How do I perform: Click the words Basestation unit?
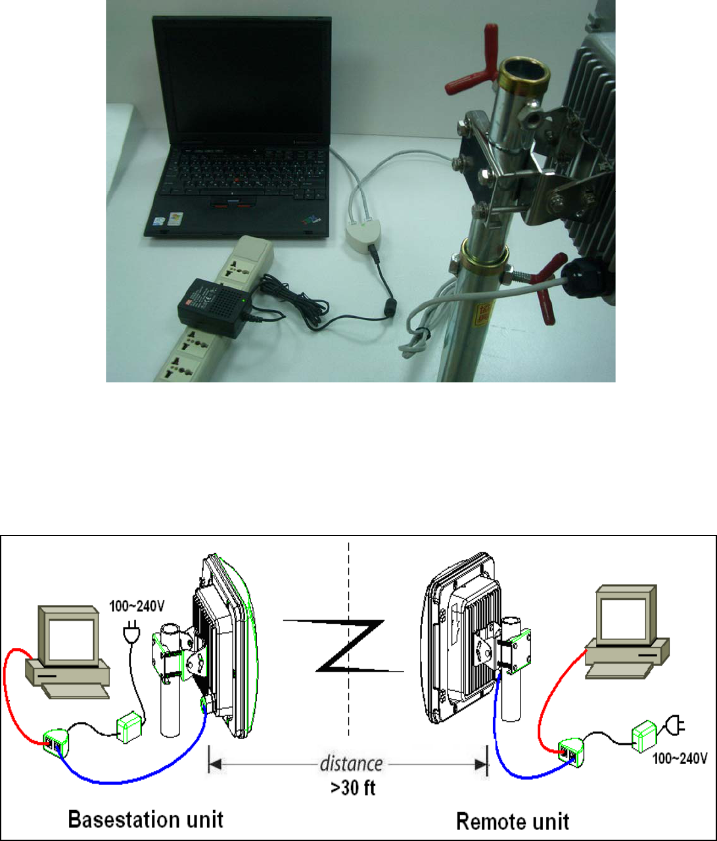pyautogui.click(x=146, y=819)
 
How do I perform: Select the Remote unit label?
pyautogui.click(x=513, y=821)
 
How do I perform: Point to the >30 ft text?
pyautogui.click(x=352, y=787)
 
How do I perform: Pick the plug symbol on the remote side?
pyautogui.click(x=674, y=726)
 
